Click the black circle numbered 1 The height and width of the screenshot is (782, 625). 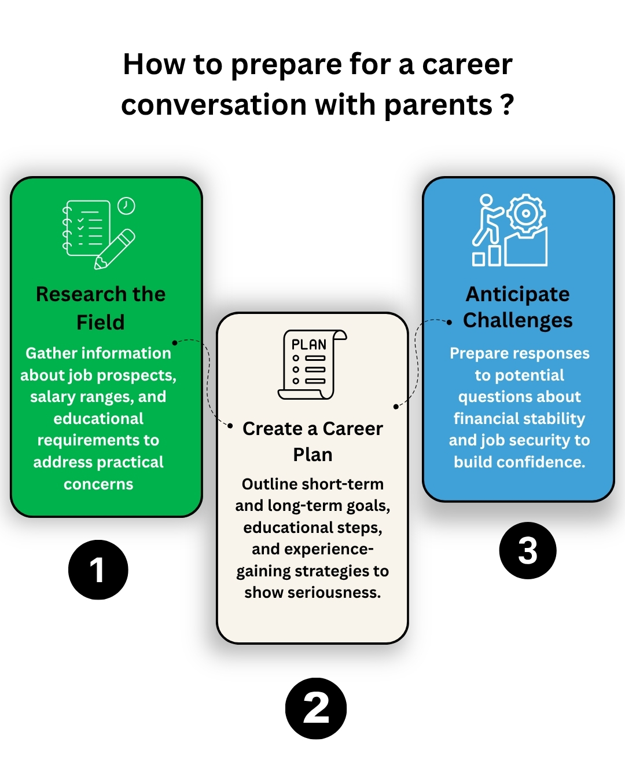coord(98,569)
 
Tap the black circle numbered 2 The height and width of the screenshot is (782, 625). coord(315,708)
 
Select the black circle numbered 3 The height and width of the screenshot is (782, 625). coord(527,550)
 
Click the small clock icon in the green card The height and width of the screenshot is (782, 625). coord(126,206)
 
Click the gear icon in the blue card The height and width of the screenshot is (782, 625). coord(525,213)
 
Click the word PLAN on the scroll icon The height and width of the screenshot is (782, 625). coord(308,345)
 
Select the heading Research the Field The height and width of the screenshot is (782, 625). coord(101,308)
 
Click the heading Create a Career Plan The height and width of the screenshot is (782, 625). coord(312,441)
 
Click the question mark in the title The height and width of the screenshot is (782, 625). coord(507,105)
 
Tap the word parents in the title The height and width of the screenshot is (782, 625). coord(437,105)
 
